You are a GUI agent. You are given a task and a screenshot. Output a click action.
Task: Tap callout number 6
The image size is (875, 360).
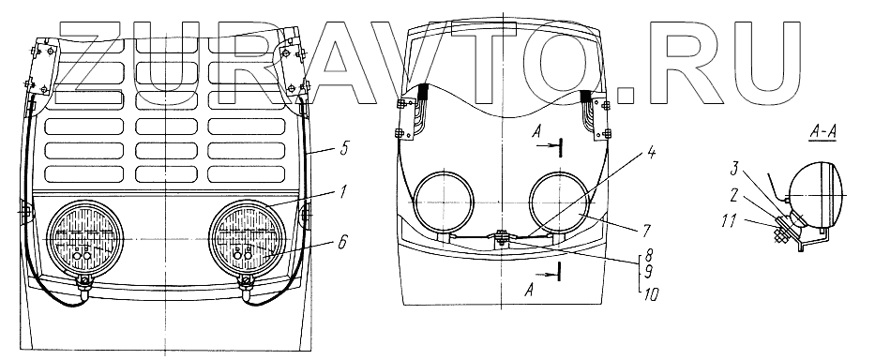click(341, 242)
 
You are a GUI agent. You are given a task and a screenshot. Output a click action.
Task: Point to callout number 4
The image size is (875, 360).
click(650, 154)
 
